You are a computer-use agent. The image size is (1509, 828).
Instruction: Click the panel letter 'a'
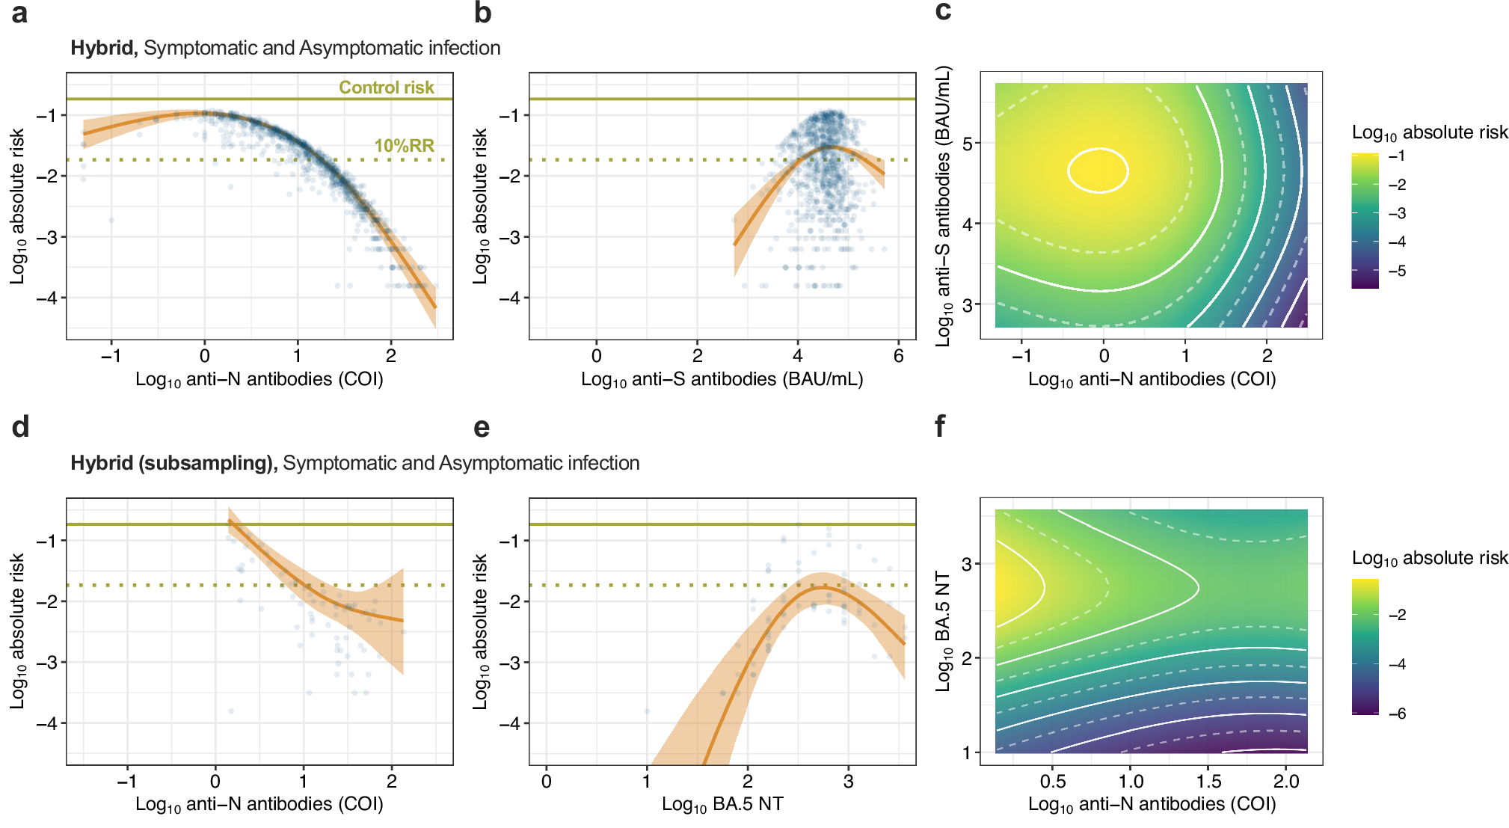click(x=20, y=13)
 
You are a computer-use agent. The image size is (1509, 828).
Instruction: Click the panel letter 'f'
click(x=940, y=427)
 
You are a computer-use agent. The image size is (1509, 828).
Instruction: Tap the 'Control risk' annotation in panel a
click(x=386, y=88)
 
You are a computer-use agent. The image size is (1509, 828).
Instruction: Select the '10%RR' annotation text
click(x=404, y=146)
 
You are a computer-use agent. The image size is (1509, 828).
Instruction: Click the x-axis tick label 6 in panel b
click(x=898, y=356)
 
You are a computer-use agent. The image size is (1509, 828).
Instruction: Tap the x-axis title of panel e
click(x=722, y=805)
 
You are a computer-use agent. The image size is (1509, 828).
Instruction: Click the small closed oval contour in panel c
click(x=1098, y=171)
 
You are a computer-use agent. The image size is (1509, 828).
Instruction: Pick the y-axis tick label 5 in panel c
click(x=968, y=143)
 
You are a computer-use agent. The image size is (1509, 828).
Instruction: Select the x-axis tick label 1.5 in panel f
click(x=1208, y=782)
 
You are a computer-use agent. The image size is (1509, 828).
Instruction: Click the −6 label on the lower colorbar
click(x=1397, y=714)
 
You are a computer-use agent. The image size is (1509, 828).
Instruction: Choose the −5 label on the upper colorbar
click(x=1397, y=271)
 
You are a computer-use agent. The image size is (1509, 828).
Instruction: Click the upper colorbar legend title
click(x=1429, y=133)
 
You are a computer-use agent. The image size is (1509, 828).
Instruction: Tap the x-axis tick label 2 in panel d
click(x=392, y=782)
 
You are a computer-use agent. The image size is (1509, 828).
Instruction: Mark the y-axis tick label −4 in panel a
click(x=46, y=298)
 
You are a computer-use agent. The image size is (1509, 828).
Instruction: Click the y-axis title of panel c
click(x=944, y=206)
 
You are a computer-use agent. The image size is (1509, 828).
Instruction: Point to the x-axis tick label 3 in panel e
click(x=848, y=782)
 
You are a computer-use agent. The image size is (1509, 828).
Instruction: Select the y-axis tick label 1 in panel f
click(x=968, y=752)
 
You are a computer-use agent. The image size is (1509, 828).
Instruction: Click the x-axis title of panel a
click(x=259, y=380)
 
